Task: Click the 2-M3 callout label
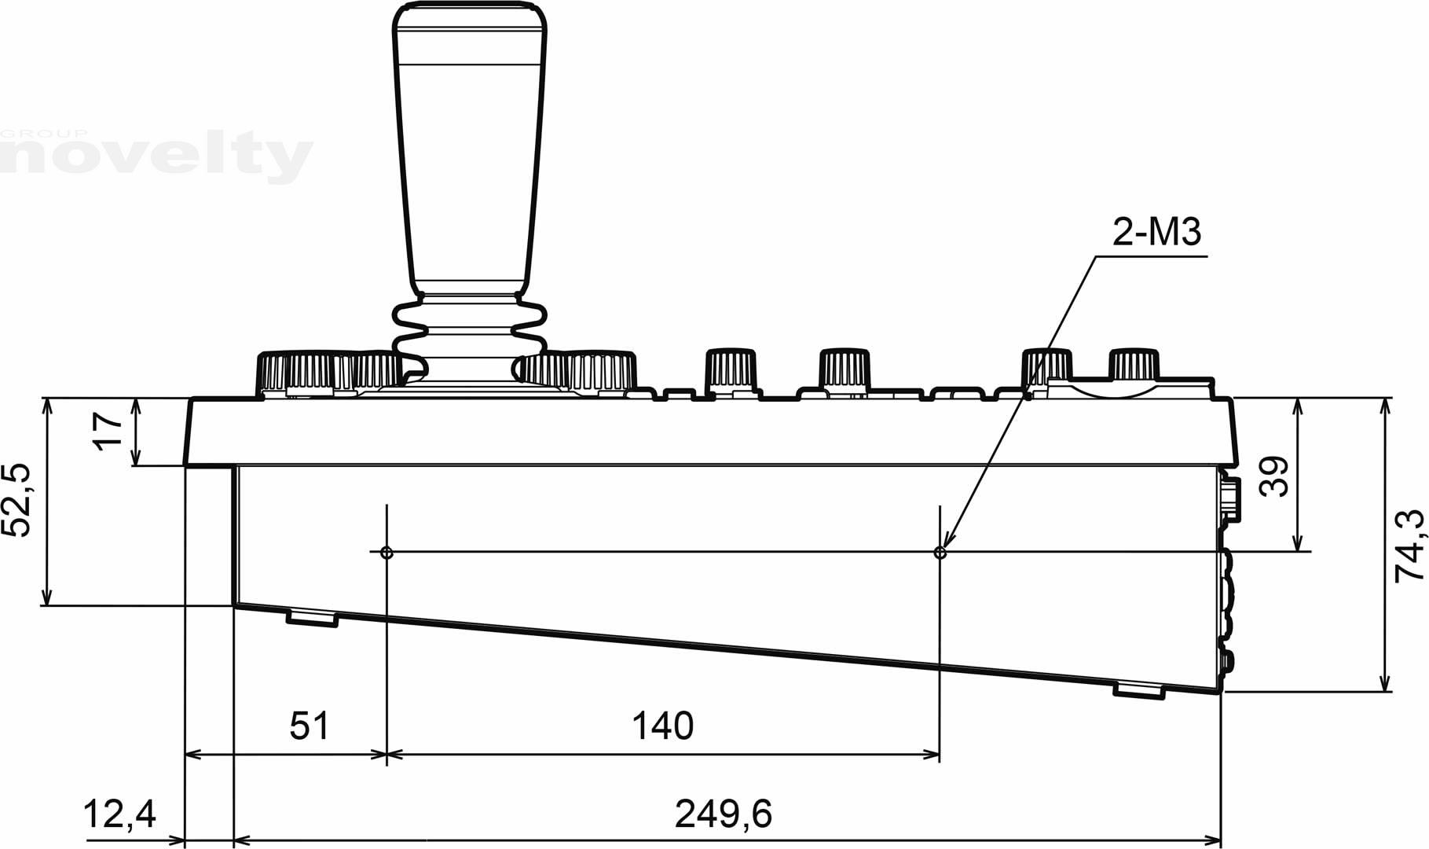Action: click(1157, 233)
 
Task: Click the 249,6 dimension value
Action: click(724, 814)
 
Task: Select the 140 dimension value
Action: click(663, 726)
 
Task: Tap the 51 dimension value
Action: click(310, 726)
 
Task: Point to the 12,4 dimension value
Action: click(119, 814)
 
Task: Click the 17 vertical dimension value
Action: click(109, 431)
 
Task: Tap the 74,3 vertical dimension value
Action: click(1408, 545)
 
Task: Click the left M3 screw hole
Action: click(387, 553)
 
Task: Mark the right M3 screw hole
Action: click(940, 553)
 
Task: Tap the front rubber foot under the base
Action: click(312, 618)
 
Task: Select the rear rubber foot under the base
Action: click(1138, 689)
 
